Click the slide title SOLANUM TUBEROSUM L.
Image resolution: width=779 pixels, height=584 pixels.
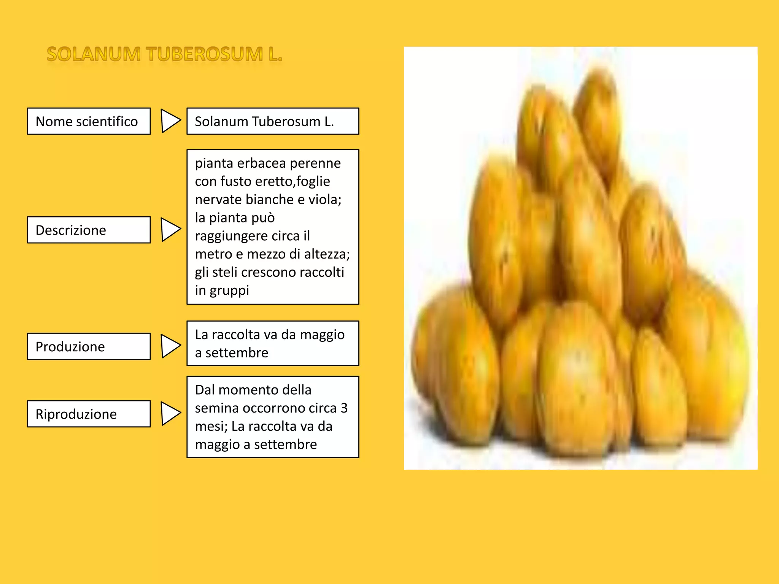pyautogui.click(x=164, y=54)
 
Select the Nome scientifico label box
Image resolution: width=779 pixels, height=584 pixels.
pyautogui.click(x=89, y=121)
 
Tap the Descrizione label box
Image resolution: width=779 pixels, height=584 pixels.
pyautogui.click(x=89, y=230)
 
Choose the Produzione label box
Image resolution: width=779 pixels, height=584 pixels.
pyautogui.click(x=89, y=346)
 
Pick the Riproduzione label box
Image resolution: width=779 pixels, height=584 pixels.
pyautogui.click(x=89, y=414)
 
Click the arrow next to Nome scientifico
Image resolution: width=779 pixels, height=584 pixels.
pyautogui.click(x=170, y=121)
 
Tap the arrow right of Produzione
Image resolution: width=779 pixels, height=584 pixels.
pyautogui.click(x=170, y=346)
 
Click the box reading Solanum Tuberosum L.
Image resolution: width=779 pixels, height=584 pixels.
pyautogui.click(x=272, y=121)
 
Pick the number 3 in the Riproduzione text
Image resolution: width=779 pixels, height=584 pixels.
pyautogui.click(x=344, y=408)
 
